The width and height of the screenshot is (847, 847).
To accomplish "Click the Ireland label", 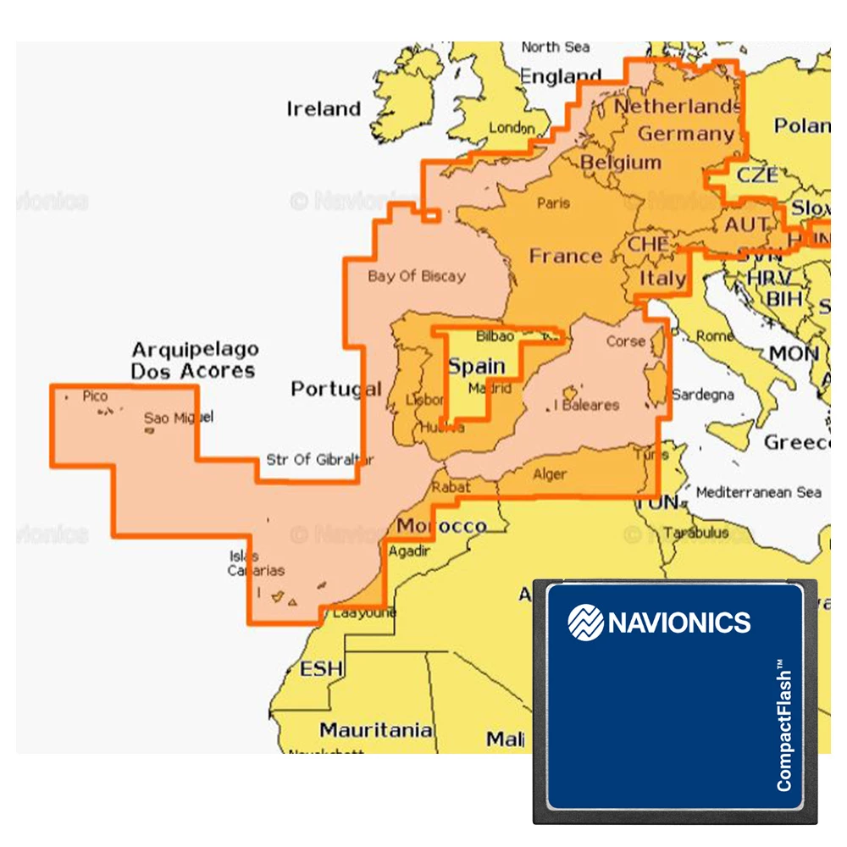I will click(x=323, y=109).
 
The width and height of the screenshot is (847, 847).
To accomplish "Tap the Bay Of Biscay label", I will click(x=416, y=276).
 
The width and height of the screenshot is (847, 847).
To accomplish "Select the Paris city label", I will click(x=553, y=203).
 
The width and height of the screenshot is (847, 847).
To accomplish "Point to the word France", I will click(x=565, y=256).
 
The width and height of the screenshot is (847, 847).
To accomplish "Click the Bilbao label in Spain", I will click(x=495, y=336).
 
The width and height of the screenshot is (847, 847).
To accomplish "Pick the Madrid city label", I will click(x=490, y=389).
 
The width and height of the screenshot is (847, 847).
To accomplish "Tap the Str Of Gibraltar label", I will click(x=319, y=460).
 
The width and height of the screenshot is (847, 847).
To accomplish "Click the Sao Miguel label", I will click(x=178, y=417).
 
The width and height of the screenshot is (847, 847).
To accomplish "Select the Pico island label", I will click(x=95, y=396).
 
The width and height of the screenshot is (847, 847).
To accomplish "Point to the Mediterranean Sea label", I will click(x=758, y=492).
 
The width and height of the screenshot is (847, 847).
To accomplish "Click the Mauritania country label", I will click(x=376, y=730).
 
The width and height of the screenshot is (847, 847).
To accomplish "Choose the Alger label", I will click(x=550, y=474).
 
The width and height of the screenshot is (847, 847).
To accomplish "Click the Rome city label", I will click(x=715, y=336).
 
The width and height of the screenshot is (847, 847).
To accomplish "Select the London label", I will click(x=512, y=128).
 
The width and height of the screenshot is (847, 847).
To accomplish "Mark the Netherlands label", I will click(x=677, y=107).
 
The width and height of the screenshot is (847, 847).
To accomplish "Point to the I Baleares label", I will click(x=586, y=405).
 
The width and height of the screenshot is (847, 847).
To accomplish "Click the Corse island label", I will click(x=626, y=341).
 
